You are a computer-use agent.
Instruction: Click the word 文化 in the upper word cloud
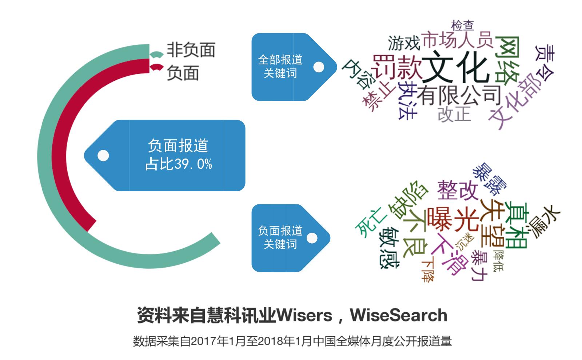coord(455,68)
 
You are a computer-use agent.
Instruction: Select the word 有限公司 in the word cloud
coord(459,95)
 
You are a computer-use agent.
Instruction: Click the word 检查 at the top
coord(462,25)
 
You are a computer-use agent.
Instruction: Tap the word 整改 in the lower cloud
coord(457,189)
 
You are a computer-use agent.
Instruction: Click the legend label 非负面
coord(191,50)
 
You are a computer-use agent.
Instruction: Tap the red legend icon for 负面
coord(156,68)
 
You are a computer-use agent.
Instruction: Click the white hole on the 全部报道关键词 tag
coord(319,67)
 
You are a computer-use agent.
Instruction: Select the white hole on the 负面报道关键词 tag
coord(312,238)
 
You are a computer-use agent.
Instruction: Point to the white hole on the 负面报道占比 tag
coord(103,156)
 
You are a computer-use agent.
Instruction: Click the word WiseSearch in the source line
coord(399,315)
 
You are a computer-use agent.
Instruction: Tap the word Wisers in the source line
coord(304,315)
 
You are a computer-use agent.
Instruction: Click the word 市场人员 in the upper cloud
coord(457,40)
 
